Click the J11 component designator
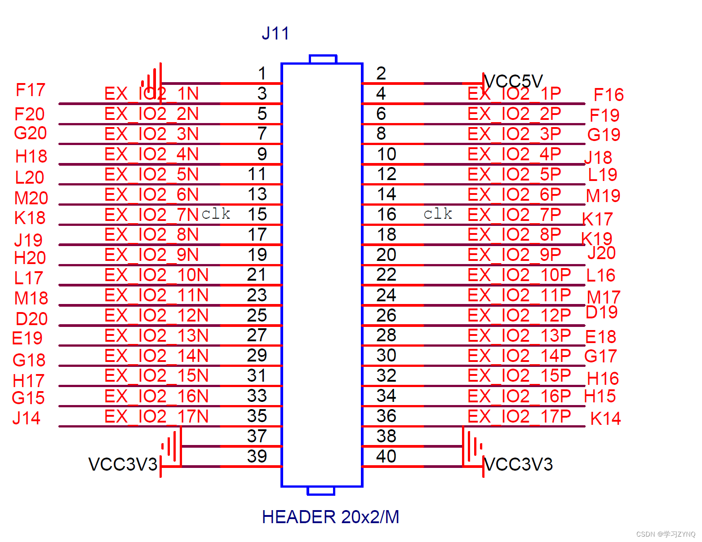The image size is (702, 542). coord(275,34)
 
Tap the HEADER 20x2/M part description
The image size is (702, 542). coord(330,517)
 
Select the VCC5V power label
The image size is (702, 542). coord(513,81)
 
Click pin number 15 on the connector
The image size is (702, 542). coord(258,214)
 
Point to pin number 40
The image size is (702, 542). coord(386,456)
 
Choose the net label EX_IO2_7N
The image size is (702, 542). coord(151,215)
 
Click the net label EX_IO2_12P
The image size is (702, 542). coord(519,315)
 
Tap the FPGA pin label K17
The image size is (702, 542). coord(597,219)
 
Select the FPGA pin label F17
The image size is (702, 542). coord(30,90)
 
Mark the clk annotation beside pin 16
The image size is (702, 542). coord(438,214)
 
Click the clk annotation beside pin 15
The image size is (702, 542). coord(216,214)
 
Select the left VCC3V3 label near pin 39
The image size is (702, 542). coord(123,464)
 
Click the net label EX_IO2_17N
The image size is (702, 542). coord(156,417)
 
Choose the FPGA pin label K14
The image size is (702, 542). coord(605,419)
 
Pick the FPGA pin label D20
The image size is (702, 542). coord(31,319)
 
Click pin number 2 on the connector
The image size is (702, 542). coord(381,73)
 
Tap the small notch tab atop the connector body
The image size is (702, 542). coord(323,59)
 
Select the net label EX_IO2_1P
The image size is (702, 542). coord(514,93)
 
